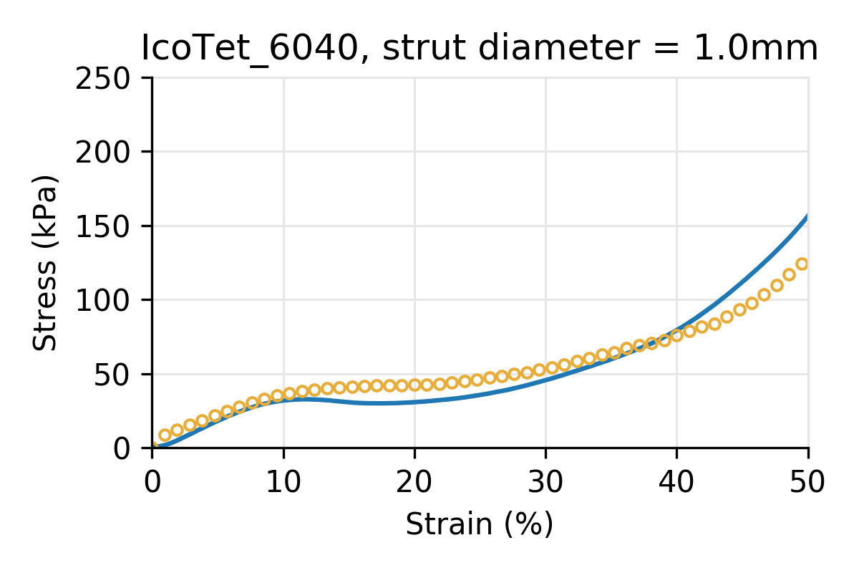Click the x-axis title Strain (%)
(x=480, y=524)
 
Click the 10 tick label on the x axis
(x=283, y=481)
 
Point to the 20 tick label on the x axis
(x=414, y=481)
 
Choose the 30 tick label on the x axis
(x=545, y=481)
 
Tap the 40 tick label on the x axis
(x=676, y=481)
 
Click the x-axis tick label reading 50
(x=808, y=481)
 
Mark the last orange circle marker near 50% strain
(x=802, y=264)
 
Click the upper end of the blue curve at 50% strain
(x=807, y=217)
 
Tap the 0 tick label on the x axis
(x=152, y=481)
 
